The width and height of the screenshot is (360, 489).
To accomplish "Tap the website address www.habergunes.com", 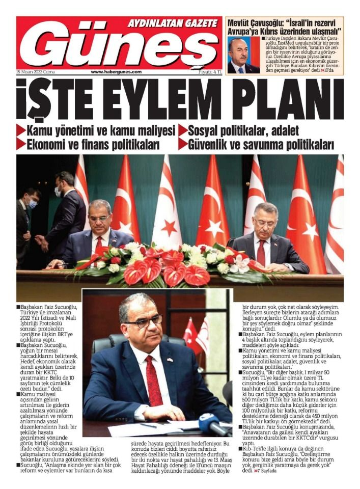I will coord(116,72).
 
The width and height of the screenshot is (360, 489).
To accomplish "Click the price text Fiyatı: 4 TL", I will coord(210,72).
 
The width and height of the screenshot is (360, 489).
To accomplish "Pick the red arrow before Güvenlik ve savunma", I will coord(183,144).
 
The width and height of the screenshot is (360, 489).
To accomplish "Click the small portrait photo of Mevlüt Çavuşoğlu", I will coord(243,55).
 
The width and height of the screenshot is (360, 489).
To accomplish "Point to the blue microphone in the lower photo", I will coord(210,422).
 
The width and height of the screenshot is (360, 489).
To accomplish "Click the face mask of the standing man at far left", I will coord(33,204).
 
